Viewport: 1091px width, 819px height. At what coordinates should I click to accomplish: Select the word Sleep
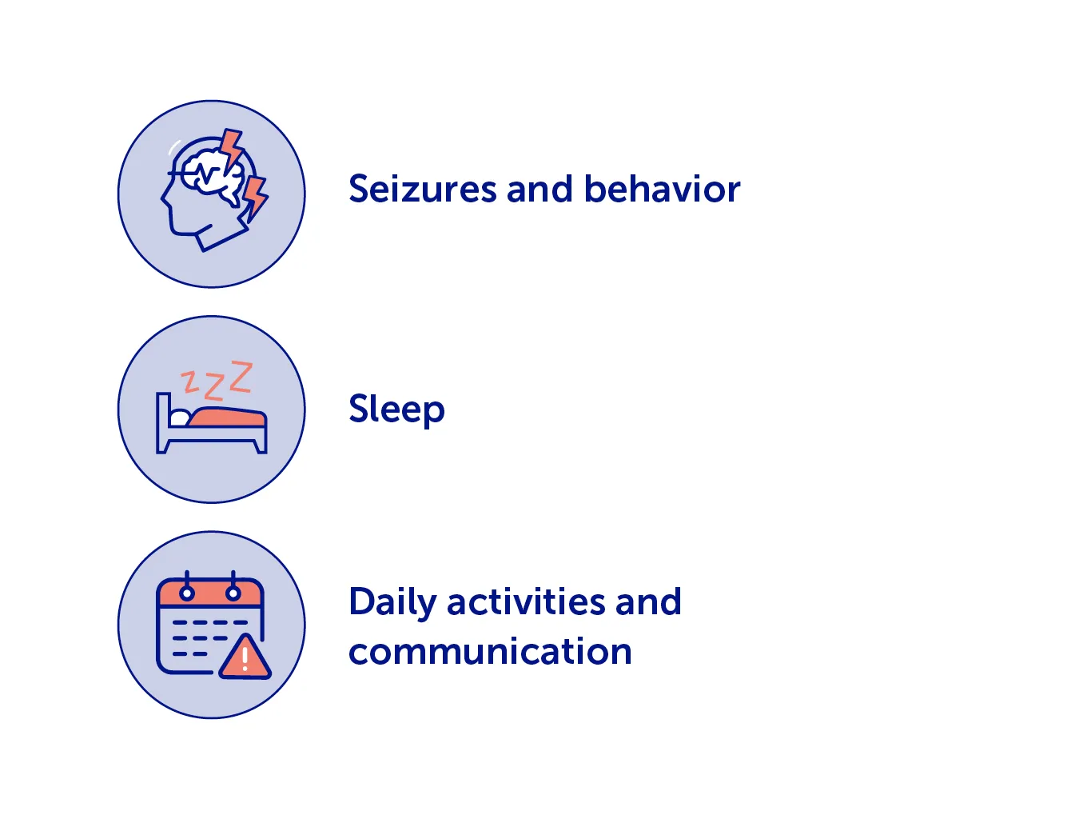(x=396, y=408)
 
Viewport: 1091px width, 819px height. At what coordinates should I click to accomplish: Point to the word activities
(x=526, y=601)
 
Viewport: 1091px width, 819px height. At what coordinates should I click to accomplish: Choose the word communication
(x=490, y=650)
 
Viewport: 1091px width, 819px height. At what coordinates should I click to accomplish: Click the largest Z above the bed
(x=241, y=378)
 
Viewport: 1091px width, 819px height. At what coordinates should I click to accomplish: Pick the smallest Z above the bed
(x=189, y=382)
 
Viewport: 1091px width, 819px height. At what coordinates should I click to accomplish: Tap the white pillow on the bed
(x=179, y=417)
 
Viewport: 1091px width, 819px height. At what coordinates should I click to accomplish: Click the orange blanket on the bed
(x=227, y=417)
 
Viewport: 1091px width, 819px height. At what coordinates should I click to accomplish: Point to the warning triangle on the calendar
(x=245, y=657)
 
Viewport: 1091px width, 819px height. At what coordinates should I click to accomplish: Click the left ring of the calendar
(x=187, y=586)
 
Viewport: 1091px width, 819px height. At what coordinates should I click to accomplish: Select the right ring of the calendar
(x=233, y=586)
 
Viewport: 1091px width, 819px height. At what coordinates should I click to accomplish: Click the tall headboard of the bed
(x=163, y=422)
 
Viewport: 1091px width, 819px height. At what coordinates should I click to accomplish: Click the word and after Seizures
(x=540, y=189)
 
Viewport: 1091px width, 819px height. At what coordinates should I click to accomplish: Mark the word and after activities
(x=648, y=601)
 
